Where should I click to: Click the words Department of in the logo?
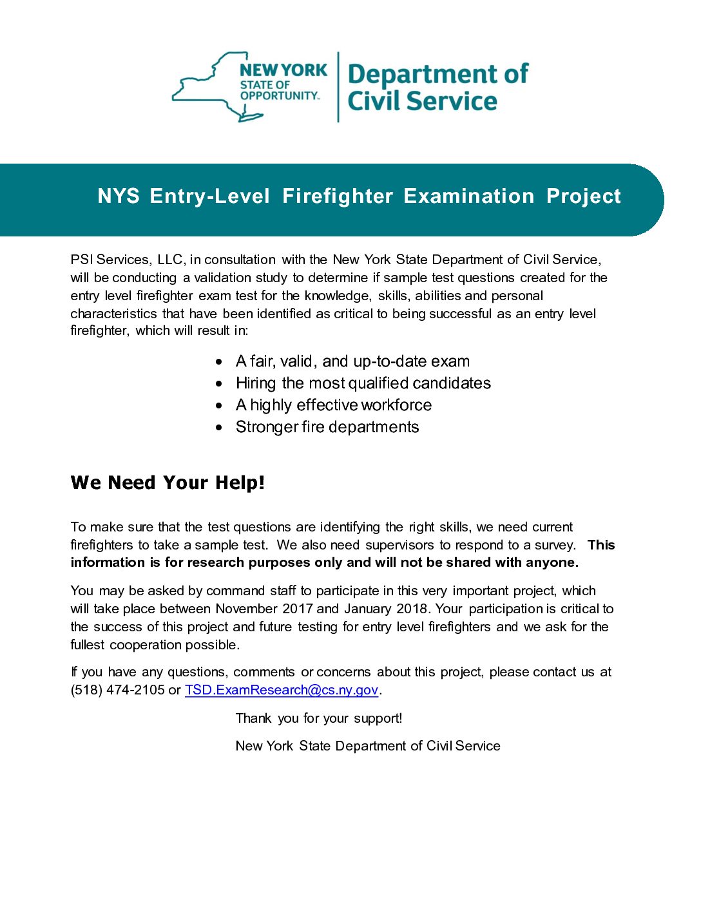[437, 74]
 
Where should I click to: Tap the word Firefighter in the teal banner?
[338, 196]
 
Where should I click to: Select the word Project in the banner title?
[583, 196]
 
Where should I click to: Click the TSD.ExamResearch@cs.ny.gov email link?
[281, 690]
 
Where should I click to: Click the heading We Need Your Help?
[168, 482]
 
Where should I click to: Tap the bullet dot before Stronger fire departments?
[220, 428]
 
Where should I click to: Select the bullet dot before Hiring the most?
[220, 384]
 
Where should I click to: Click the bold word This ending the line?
[600, 545]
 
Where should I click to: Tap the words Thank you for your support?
[319, 718]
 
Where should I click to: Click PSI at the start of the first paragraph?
[81, 260]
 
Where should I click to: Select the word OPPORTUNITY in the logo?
[279, 96]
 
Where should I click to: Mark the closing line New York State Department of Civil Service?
[368, 746]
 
